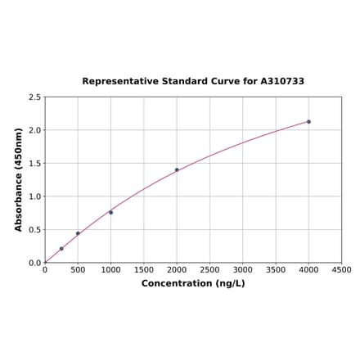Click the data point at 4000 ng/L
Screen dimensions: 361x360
pos(308,121)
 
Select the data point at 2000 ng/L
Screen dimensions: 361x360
pos(177,169)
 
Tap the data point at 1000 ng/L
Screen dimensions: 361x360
pos(110,212)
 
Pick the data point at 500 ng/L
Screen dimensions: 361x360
pos(78,233)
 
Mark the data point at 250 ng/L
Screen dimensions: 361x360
pos(61,249)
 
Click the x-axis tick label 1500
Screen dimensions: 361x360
pos(144,269)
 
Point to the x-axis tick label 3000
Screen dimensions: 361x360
pos(243,269)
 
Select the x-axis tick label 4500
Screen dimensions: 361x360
pos(341,269)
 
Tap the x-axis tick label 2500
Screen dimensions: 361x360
pos(209,269)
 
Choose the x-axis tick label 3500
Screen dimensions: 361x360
pos(276,269)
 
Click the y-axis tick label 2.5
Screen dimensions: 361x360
pos(35,97)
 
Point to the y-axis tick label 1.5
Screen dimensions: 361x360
pos(35,164)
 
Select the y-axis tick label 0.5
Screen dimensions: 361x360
pos(35,230)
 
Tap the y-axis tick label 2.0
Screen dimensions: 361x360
pos(35,130)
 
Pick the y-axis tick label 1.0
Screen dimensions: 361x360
pos(35,196)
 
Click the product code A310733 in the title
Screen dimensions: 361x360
pos(282,82)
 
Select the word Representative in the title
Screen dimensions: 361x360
pos(119,82)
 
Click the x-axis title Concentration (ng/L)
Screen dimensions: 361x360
pos(193,283)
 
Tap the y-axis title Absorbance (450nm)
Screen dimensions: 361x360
pos(19,179)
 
